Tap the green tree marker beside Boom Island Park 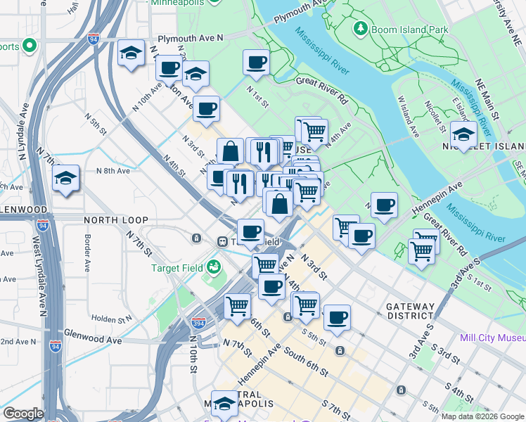361,29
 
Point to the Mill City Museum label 492,338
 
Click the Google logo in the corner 23,414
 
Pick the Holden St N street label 112,319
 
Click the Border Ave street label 88,257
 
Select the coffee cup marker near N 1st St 256,62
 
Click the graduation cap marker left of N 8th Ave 66,178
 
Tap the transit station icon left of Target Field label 222,242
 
